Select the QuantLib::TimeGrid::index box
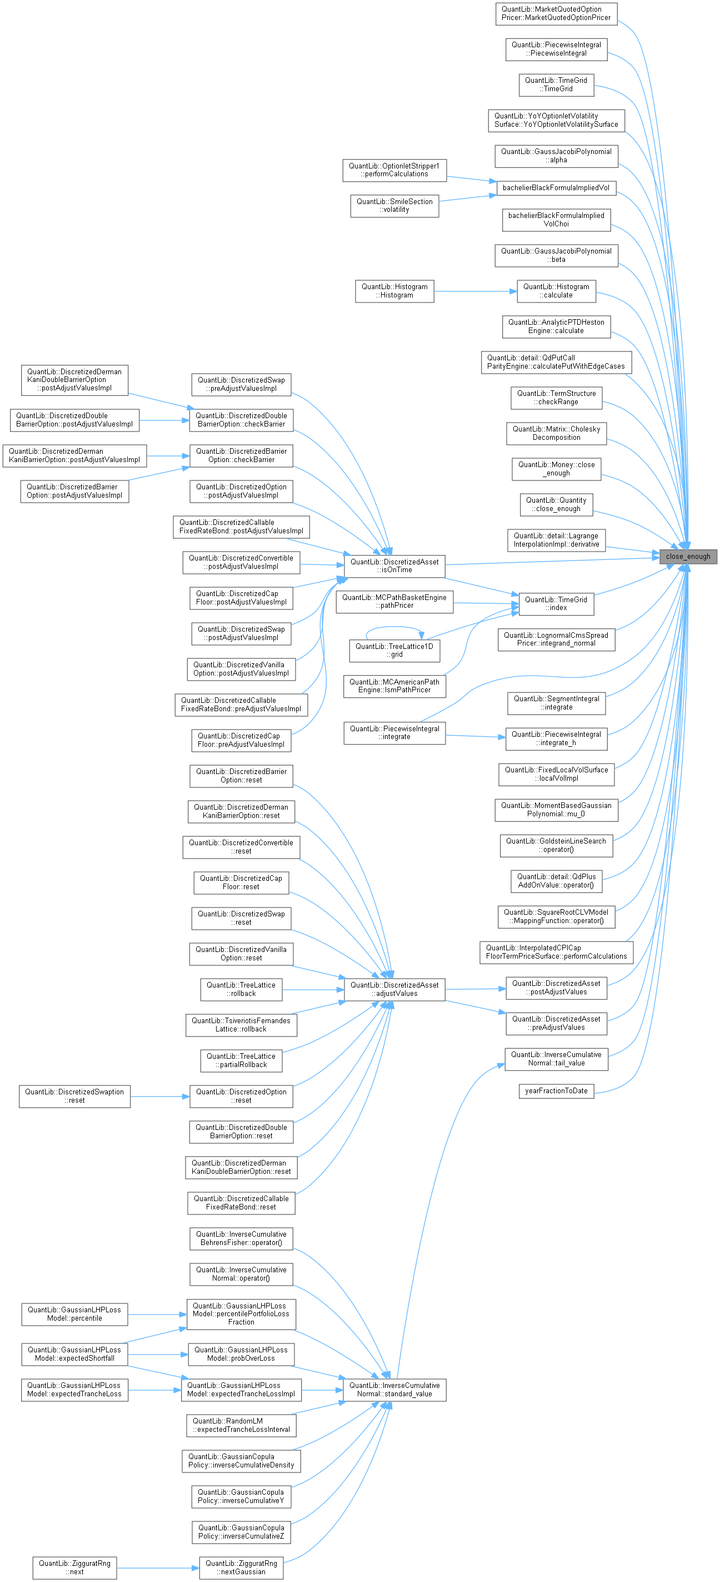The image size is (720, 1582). pos(556,604)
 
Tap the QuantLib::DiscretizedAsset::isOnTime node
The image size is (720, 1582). pos(394,566)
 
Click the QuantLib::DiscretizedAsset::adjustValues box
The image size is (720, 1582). pos(394,989)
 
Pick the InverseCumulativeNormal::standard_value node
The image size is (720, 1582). pos(394,1389)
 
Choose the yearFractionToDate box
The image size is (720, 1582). pos(556,1090)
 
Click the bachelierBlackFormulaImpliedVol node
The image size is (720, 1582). pos(556,187)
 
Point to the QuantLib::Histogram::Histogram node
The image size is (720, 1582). pos(394,291)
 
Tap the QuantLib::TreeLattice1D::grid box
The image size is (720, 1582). pos(394,651)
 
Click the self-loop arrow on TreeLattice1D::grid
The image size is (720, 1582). pos(393,627)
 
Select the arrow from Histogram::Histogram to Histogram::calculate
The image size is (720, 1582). pos(475,291)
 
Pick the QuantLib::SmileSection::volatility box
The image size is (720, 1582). pos(394,206)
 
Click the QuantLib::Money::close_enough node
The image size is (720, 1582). pos(556,469)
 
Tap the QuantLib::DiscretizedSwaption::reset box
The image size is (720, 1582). pos(74,1096)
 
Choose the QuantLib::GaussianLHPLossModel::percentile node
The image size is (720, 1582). pos(74,1314)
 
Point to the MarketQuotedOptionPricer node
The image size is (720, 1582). pos(556,13)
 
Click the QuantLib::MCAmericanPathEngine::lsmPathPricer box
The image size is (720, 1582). pos(394,686)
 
